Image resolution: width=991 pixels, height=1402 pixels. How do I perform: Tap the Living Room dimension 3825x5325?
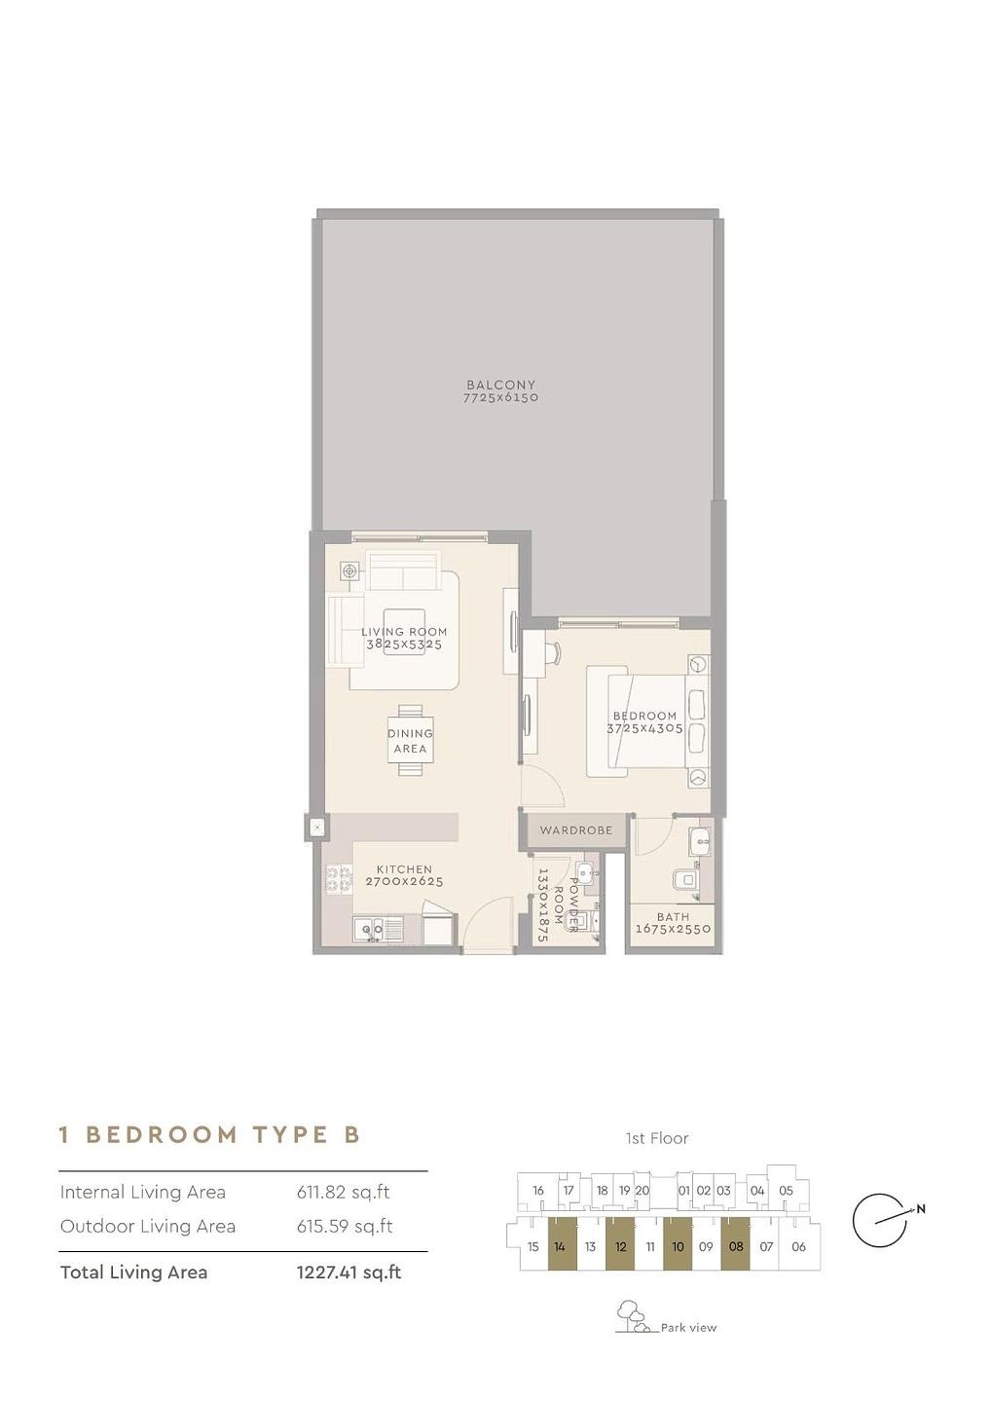click(x=404, y=645)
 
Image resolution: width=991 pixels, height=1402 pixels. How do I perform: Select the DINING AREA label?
click(x=410, y=741)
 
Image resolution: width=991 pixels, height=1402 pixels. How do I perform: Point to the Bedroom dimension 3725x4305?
click(x=644, y=728)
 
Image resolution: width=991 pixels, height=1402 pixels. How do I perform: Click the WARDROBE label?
click(x=575, y=830)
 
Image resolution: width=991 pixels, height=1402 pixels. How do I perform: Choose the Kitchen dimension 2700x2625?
click(x=404, y=882)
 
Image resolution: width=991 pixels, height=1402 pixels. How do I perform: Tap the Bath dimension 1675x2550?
click(x=674, y=929)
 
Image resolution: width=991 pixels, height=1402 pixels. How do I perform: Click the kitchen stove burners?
click(x=338, y=877)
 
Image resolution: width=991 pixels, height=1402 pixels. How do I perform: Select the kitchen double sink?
click(x=369, y=929)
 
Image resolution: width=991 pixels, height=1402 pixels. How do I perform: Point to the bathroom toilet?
click(x=685, y=879)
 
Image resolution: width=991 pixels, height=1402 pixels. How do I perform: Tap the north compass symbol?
click(x=883, y=1217)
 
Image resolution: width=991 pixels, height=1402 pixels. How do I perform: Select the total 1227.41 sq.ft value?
click(x=349, y=1273)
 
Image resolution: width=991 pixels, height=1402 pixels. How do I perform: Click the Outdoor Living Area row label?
click(x=148, y=1226)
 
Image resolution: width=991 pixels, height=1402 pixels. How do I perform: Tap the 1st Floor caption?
click(x=657, y=1138)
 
